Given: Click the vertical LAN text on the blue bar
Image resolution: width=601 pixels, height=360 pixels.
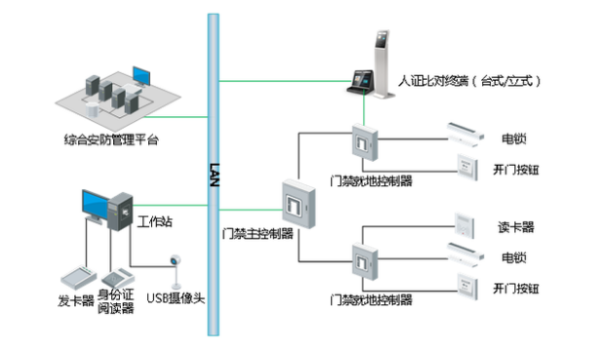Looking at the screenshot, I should [x=213, y=175].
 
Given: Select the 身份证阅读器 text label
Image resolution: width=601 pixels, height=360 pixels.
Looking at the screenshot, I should [x=115, y=301].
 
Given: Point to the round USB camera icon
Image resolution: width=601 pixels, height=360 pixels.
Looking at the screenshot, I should [x=176, y=262].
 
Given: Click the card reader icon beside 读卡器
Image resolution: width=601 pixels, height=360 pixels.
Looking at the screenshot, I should [x=465, y=222].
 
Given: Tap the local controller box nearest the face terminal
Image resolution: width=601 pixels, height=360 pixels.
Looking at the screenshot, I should [x=363, y=144].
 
